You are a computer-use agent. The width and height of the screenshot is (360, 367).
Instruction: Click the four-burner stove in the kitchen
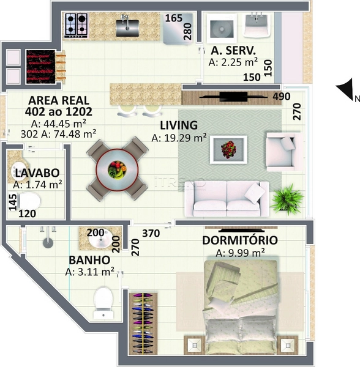click(76, 25)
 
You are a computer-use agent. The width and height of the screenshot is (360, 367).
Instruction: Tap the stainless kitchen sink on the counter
click(127, 27)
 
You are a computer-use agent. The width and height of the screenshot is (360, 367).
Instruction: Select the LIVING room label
click(179, 125)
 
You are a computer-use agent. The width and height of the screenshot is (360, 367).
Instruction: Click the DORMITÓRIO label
click(240, 240)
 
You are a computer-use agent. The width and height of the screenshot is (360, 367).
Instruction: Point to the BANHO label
click(89, 261)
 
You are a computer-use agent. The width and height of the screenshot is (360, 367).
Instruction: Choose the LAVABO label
click(37, 173)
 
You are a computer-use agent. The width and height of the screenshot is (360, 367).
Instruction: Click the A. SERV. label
click(233, 50)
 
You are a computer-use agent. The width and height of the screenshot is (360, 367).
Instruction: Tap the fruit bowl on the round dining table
click(117, 169)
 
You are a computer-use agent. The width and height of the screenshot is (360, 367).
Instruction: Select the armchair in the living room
click(284, 152)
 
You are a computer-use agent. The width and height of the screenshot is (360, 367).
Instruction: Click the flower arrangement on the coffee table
click(228, 150)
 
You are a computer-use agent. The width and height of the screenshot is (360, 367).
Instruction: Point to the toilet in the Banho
click(103, 303)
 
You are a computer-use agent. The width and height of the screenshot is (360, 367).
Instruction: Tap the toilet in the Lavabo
click(29, 201)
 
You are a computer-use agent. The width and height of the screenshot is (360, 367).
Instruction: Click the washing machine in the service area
click(222, 26)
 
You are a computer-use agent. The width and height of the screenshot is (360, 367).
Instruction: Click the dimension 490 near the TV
click(282, 97)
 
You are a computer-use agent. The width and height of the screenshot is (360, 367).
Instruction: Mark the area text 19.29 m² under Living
click(179, 138)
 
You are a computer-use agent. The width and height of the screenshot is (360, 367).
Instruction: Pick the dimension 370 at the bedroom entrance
click(151, 234)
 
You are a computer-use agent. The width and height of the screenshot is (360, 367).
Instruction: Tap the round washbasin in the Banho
click(101, 239)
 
